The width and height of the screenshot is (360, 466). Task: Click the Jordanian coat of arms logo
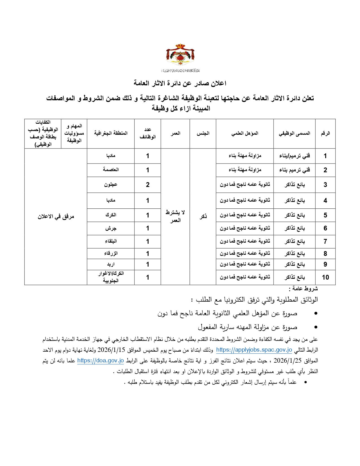click(180, 56)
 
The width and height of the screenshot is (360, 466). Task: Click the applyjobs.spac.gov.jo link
click(254, 350)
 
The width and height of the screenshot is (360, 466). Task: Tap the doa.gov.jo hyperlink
click(101, 361)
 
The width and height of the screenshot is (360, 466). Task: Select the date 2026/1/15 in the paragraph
click(111, 350)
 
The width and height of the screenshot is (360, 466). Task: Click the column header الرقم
click(325, 133)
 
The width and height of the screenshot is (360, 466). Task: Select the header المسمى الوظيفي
click(294, 133)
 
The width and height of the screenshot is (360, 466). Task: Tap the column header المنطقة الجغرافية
click(111, 133)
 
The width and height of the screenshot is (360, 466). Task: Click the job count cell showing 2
click(147, 185)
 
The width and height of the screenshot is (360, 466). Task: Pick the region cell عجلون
click(111, 185)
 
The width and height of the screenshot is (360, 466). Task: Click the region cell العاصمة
click(111, 170)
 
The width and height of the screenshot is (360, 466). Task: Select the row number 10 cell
click(325, 277)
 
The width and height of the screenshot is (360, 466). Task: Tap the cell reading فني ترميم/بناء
click(294, 156)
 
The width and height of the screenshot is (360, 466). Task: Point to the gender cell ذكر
click(203, 216)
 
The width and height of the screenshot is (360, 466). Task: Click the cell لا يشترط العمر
click(175, 216)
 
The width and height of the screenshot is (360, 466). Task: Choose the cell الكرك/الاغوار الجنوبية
click(111, 277)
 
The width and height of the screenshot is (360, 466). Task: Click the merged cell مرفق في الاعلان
click(56, 217)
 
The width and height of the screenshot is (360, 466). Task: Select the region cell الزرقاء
click(111, 253)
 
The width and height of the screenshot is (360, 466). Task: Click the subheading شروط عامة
click(304, 289)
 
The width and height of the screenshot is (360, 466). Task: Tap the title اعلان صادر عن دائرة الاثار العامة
click(180, 83)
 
